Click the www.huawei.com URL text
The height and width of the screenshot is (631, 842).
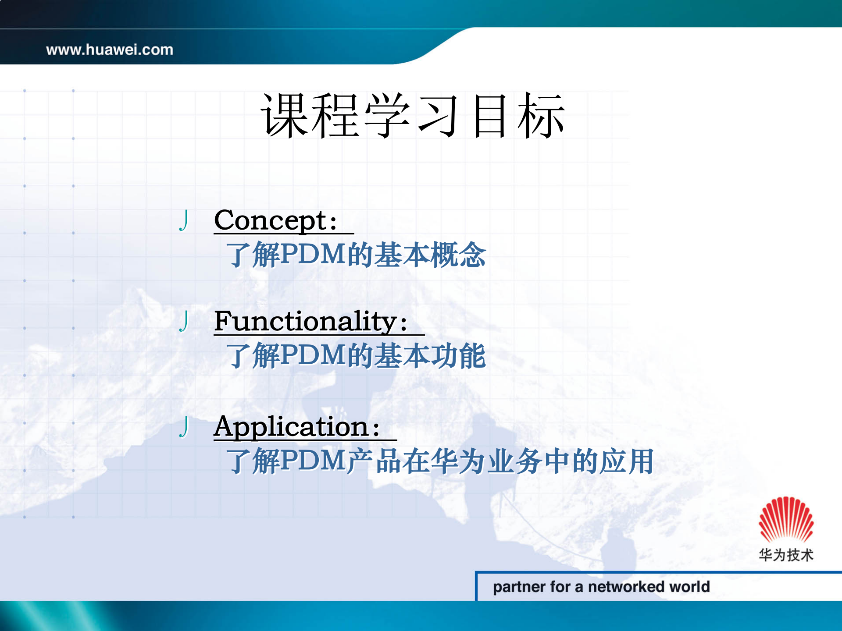[x=110, y=50]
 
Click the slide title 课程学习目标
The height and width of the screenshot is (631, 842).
[x=413, y=116]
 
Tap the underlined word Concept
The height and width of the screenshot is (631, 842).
[x=270, y=220]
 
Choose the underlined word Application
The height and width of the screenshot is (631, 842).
[x=291, y=427]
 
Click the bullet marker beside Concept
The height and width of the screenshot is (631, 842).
[x=184, y=220]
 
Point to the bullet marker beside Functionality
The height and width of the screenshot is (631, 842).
[x=184, y=321]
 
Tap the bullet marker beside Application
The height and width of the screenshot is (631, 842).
[x=184, y=427]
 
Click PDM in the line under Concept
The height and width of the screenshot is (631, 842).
[x=313, y=255]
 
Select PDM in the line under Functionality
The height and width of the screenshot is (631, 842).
[x=313, y=355]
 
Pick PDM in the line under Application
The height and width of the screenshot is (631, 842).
[x=313, y=461]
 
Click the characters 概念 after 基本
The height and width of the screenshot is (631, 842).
[x=458, y=255]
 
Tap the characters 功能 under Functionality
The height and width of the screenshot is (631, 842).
[x=458, y=355]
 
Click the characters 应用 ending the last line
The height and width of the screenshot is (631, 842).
[x=627, y=461]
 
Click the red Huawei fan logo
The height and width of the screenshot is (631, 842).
[x=786, y=520]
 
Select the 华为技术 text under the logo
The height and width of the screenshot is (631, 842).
[x=786, y=555]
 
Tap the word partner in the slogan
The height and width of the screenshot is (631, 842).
[x=519, y=587]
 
